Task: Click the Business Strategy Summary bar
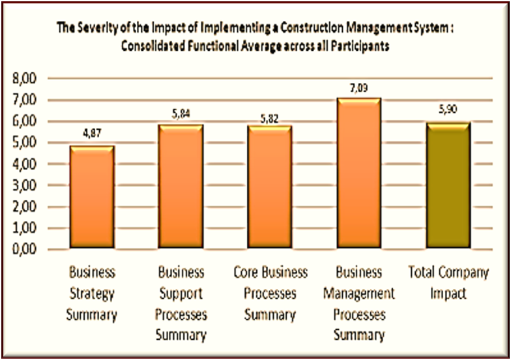pyautogui.click(x=92, y=198)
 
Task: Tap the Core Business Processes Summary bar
pyautogui.click(x=270, y=187)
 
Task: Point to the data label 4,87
pyautogui.click(x=92, y=134)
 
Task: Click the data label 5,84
pyautogui.click(x=181, y=114)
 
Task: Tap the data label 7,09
pyautogui.click(x=358, y=87)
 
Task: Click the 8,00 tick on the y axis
pyautogui.click(x=26, y=79)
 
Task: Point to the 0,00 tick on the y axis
pyautogui.click(x=26, y=250)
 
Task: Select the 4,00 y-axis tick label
pyautogui.click(x=26, y=164)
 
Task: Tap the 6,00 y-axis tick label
pyautogui.click(x=26, y=121)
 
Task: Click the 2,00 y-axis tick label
pyautogui.click(x=26, y=207)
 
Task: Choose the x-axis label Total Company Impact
pyautogui.click(x=448, y=283)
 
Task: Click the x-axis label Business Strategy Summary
pyautogui.click(x=92, y=293)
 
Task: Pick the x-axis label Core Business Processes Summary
pyautogui.click(x=270, y=293)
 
